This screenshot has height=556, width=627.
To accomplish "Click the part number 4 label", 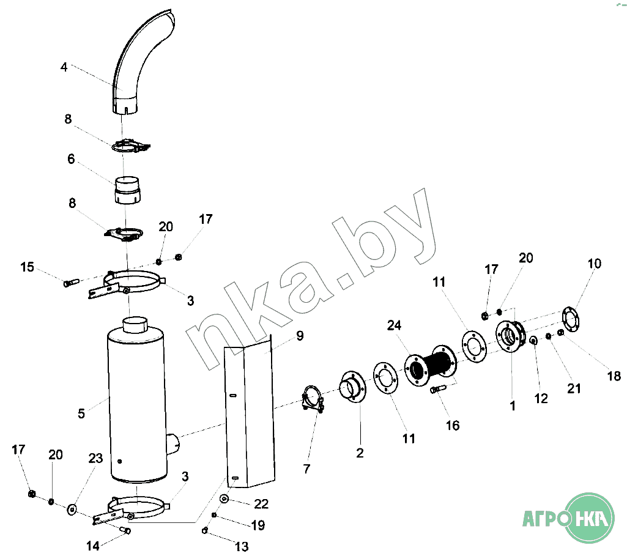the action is [x=64, y=67].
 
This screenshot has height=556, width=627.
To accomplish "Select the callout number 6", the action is [x=71, y=159].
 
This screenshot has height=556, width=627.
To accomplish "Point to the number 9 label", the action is [x=300, y=336].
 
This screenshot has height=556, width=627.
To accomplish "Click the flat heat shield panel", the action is [x=250, y=412].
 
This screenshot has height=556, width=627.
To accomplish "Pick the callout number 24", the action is [x=394, y=325].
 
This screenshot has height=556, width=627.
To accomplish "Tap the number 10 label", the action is [x=594, y=264].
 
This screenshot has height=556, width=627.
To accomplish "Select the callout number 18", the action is [x=614, y=376].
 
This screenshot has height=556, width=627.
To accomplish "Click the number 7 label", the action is [x=306, y=469].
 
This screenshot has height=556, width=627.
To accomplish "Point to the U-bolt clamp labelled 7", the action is [x=313, y=399].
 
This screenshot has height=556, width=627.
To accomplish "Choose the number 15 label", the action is [x=27, y=267].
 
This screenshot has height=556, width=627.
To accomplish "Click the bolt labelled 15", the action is [x=71, y=283].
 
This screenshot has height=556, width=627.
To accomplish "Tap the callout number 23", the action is [x=95, y=459].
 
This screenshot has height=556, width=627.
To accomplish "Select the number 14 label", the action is [x=93, y=546].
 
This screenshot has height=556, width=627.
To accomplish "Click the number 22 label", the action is [x=261, y=504].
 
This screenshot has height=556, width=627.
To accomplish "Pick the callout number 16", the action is [x=453, y=426].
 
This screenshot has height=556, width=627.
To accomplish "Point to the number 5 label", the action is [x=81, y=413].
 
